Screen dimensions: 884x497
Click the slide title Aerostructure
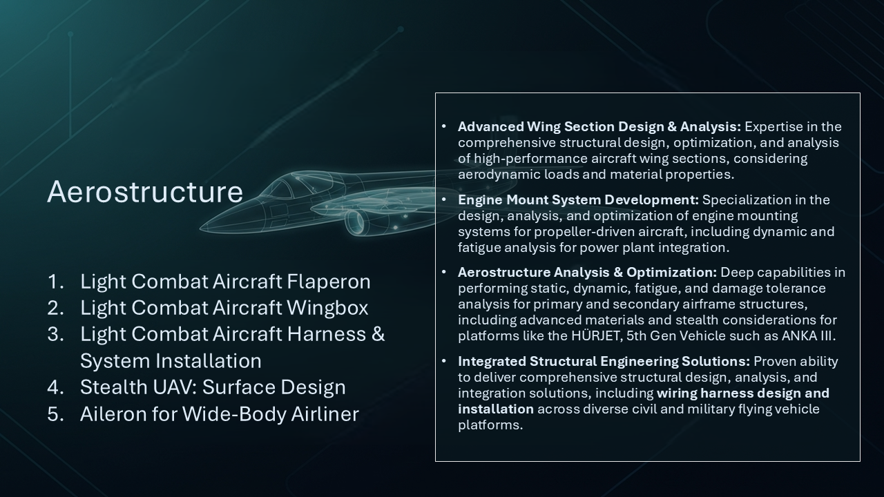click(145, 192)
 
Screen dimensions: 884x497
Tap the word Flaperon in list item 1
click(329, 282)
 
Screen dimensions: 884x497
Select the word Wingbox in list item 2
click(327, 308)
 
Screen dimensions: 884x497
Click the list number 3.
click(55, 335)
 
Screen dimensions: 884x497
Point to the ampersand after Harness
click(378, 335)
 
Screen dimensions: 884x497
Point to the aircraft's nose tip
click(201, 228)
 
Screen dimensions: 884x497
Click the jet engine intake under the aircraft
click(355, 222)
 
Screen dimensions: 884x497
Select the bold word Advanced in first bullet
click(490, 126)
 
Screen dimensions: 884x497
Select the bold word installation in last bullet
click(496, 409)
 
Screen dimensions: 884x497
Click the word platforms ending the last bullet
click(490, 425)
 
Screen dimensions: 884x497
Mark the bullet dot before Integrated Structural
click(443, 361)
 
